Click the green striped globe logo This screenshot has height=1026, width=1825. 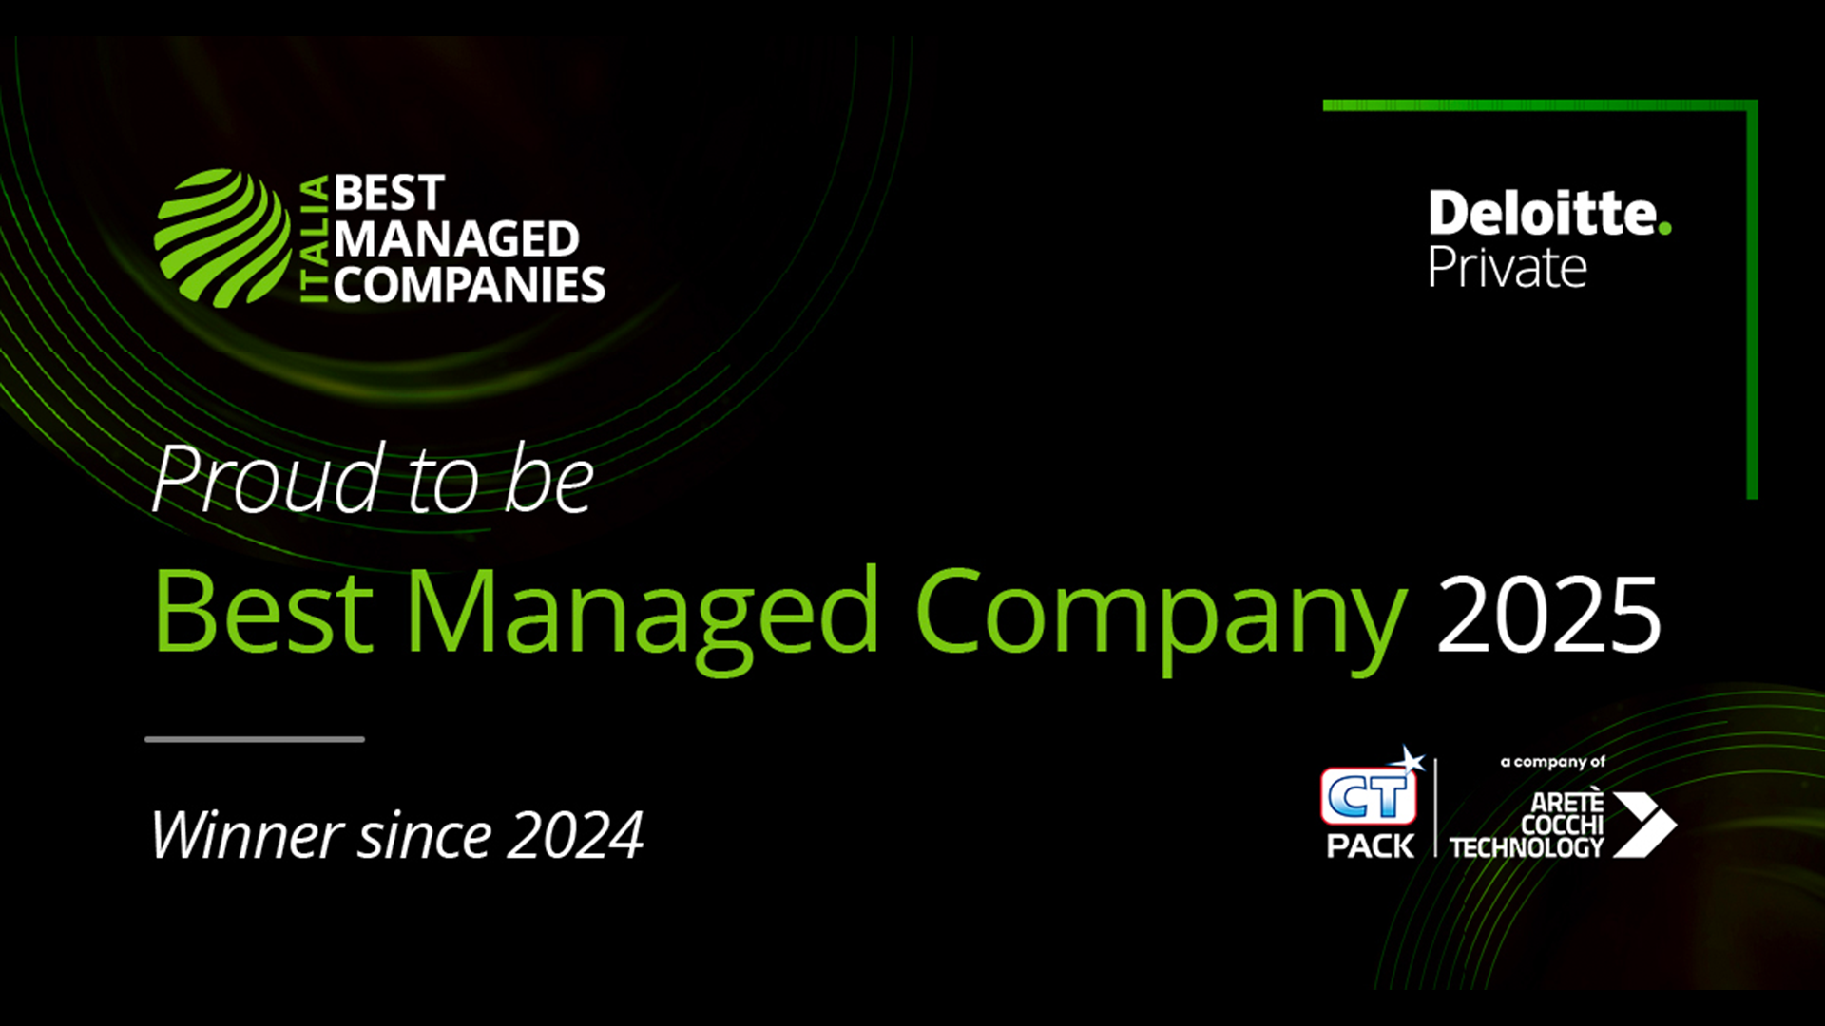(222, 238)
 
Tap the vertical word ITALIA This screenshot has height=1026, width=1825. (315, 239)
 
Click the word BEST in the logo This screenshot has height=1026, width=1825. (389, 194)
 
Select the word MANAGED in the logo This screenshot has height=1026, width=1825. (456, 239)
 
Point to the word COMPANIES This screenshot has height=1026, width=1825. (470, 285)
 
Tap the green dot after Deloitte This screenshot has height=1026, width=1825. (1664, 228)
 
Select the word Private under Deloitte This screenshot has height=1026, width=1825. (1508, 267)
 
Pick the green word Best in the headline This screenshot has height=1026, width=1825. (263, 610)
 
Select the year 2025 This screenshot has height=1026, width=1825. (1549, 615)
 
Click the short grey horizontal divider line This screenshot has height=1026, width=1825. (255, 739)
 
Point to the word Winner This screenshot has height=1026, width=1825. (247, 835)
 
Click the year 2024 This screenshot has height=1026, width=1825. (574, 836)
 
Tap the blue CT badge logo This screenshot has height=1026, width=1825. (1370, 792)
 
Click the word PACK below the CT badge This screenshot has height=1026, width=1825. (1370, 845)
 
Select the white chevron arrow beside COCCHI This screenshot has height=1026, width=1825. (1644, 825)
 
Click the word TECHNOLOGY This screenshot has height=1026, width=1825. (1527, 847)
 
